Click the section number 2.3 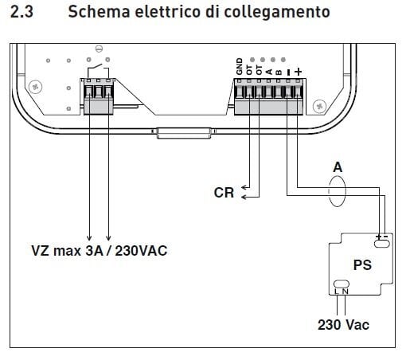tap(21, 12)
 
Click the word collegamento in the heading tap(277, 13)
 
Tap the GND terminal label tap(240, 66)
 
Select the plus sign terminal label tap(299, 72)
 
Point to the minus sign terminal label tap(289, 72)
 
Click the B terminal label tap(279, 72)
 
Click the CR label tap(224, 193)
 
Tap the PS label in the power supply tap(362, 265)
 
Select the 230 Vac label tap(343, 325)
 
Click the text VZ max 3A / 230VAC tap(100, 251)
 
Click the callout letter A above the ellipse tap(338, 167)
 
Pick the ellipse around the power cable tap(329, 191)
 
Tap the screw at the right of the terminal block tap(319, 106)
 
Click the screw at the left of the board tap(35, 87)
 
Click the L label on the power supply tap(337, 292)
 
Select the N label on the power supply tap(345, 292)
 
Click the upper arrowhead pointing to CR tap(244, 187)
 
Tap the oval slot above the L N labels tap(342, 284)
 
